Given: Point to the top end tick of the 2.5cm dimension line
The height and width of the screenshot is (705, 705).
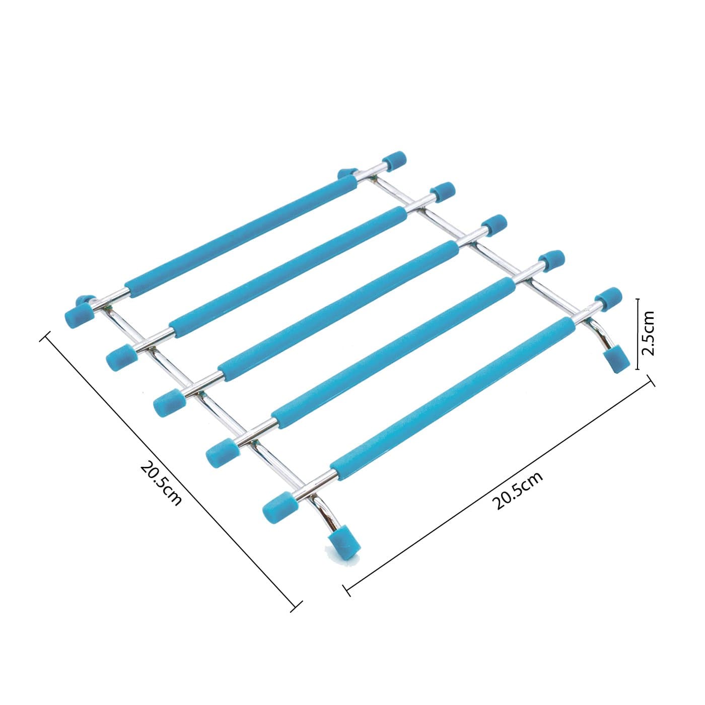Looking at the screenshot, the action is (x=638, y=299).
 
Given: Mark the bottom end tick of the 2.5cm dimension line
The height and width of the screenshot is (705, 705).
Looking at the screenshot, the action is (x=638, y=370).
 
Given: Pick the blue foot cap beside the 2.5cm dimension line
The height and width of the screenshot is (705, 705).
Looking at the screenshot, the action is (x=617, y=359).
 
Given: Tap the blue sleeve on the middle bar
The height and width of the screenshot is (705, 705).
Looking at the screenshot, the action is (x=338, y=311).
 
